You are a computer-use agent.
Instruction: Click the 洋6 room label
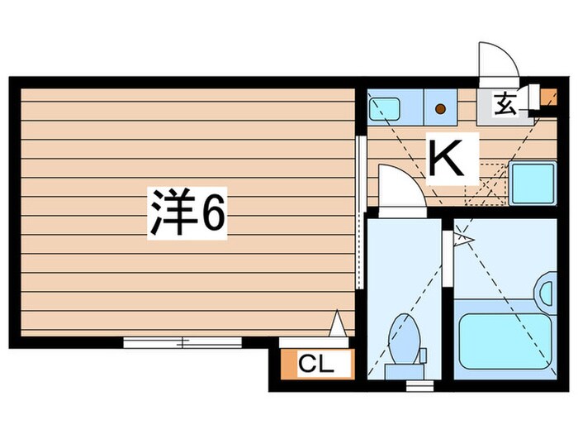tap(187, 214)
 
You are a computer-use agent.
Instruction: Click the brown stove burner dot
tap(440, 107)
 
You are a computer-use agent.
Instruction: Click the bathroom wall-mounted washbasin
tap(546, 290)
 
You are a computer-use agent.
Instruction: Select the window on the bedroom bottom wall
tap(182, 341)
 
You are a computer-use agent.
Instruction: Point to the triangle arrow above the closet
tap(337, 323)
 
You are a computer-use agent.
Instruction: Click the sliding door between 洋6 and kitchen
tap(360, 211)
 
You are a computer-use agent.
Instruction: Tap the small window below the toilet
tap(419, 384)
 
